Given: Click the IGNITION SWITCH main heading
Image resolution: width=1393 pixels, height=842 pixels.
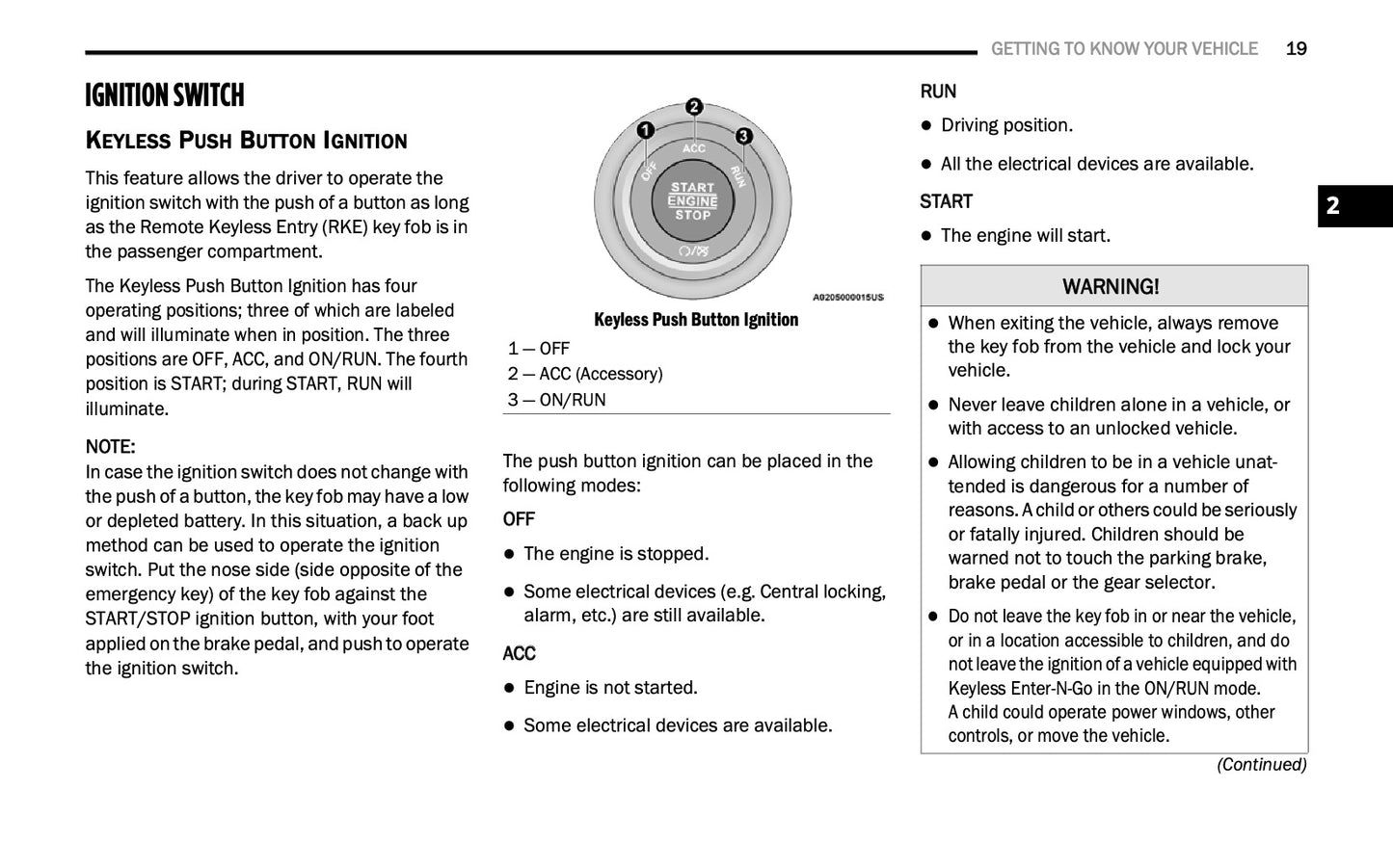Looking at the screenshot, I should click(x=165, y=95).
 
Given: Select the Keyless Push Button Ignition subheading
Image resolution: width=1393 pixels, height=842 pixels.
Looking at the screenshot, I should click(x=246, y=141).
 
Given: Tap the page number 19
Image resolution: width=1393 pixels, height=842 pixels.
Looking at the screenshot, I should click(x=1296, y=49).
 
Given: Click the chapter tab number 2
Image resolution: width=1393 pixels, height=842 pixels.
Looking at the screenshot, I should click(x=1332, y=205).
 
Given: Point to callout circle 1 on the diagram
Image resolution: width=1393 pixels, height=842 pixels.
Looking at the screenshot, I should click(x=645, y=130).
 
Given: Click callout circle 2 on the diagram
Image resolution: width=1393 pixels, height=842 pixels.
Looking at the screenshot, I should click(x=694, y=107).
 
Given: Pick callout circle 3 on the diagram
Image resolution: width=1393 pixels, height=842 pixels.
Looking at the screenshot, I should click(x=743, y=136).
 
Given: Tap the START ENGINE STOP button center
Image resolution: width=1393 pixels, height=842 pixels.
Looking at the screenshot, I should click(x=692, y=201).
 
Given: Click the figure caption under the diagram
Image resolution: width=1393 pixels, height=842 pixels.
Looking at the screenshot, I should click(x=696, y=320).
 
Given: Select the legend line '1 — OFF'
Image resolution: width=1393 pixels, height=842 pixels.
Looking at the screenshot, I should click(x=539, y=349).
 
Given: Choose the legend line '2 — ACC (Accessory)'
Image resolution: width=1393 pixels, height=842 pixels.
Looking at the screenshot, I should click(x=585, y=374).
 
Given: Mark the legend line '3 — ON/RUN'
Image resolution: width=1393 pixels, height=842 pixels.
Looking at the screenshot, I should click(x=557, y=400).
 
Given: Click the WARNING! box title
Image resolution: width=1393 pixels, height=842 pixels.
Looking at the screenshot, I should click(x=1111, y=286).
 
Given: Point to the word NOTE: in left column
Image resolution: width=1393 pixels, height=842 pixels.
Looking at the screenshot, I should click(x=110, y=447).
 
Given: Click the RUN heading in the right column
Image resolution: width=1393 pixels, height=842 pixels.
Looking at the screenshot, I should click(x=938, y=92).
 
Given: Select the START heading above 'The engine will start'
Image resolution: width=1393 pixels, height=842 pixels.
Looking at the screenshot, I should click(x=946, y=201).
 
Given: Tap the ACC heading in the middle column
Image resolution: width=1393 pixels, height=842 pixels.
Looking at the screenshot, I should click(x=519, y=653).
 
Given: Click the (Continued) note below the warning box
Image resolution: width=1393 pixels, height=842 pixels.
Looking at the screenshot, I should click(x=1261, y=764).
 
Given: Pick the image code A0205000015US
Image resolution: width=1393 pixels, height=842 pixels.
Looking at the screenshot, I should click(x=847, y=298).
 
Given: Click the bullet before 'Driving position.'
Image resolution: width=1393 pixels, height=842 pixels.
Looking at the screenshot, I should click(x=927, y=125).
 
